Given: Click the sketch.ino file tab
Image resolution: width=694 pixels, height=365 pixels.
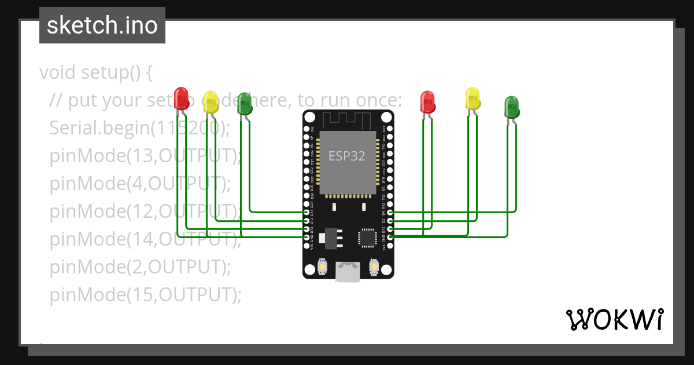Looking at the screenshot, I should [102, 25].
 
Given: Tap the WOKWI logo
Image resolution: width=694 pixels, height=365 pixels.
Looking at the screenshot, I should [614, 320].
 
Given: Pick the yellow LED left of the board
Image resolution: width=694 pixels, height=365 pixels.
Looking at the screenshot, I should [211, 101].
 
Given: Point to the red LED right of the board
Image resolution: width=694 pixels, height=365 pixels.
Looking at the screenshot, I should [427, 101].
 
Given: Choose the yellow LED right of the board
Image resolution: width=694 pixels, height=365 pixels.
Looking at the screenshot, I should [472, 98].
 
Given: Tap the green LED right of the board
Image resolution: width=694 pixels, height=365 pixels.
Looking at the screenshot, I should [512, 107].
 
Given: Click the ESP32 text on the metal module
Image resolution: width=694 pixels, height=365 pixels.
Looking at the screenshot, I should [347, 156].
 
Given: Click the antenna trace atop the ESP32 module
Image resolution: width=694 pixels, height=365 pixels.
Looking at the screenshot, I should [347, 121].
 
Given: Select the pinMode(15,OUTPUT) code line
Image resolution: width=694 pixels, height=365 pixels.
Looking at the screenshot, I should [145, 295].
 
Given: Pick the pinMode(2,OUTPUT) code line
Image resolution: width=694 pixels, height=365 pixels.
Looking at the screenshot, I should [140, 267].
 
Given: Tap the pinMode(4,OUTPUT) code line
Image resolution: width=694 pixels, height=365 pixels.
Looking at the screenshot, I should [140, 184].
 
